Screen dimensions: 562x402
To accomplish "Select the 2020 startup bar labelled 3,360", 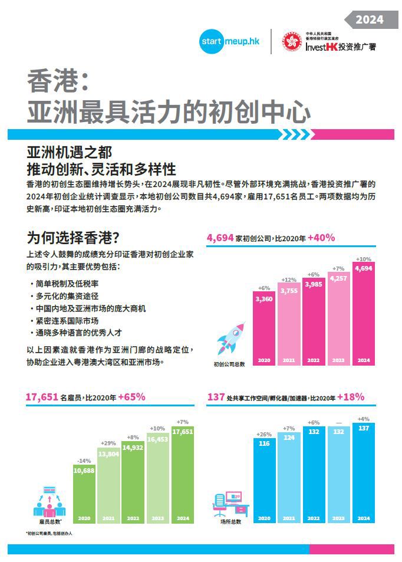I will (263, 330).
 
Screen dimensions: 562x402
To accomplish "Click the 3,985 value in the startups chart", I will (313, 285).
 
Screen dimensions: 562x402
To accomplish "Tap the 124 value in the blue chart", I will (288, 438).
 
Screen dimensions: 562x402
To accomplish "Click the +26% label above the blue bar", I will (263, 435).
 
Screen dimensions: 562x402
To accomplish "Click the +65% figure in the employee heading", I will (131, 397).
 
